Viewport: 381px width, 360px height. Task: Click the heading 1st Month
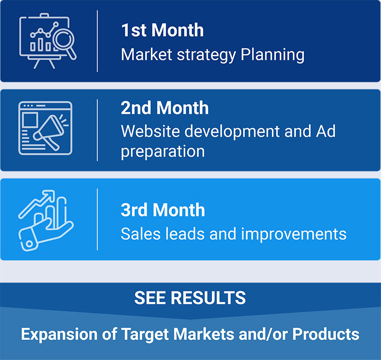(162, 30)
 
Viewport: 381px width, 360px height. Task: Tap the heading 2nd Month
(165, 108)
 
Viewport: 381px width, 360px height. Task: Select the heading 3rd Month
(163, 210)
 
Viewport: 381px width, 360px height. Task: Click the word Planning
(272, 55)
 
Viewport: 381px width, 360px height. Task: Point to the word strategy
(206, 55)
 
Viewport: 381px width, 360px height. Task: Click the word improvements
(294, 234)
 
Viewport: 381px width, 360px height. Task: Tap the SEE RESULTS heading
(190, 298)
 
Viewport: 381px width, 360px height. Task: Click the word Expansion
(59, 334)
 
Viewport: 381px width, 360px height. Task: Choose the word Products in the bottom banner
(326, 334)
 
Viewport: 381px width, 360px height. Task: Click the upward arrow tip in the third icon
(53, 192)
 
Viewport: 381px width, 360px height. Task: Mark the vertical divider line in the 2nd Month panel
(97, 130)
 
